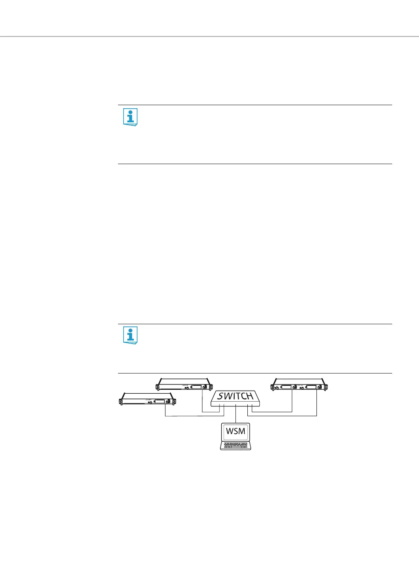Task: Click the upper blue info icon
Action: coord(130,117)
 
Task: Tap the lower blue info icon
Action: coord(130,336)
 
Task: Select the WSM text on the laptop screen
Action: coord(235,431)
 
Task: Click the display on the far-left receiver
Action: coord(159,402)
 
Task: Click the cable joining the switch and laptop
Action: coord(236,414)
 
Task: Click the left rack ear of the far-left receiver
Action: coord(121,401)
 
